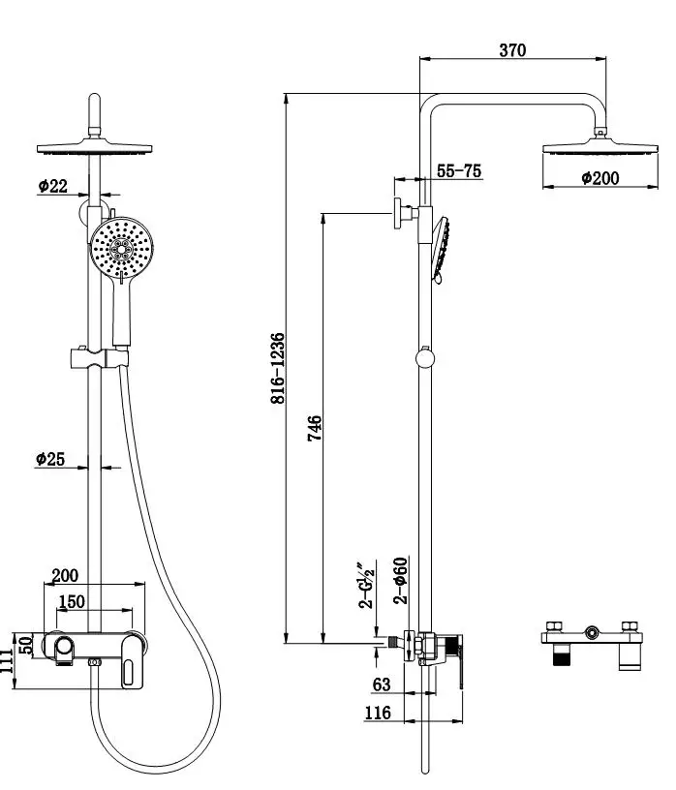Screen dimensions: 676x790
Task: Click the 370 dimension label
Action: tap(512, 50)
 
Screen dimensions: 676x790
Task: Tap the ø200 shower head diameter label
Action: tap(599, 178)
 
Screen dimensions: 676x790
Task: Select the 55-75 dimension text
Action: tap(459, 170)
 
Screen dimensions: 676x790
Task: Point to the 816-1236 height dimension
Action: tap(278, 368)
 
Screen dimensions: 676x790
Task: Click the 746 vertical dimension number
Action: tap(315, 428)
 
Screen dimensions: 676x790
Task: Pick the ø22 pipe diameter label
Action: tap(53, 186)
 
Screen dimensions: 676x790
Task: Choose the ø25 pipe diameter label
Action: tap(50, 459)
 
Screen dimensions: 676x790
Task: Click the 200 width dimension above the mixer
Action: tap(66, 575)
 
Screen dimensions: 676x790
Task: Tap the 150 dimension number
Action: tap(72, 601)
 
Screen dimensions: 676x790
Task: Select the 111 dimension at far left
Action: tap(6, 660)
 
